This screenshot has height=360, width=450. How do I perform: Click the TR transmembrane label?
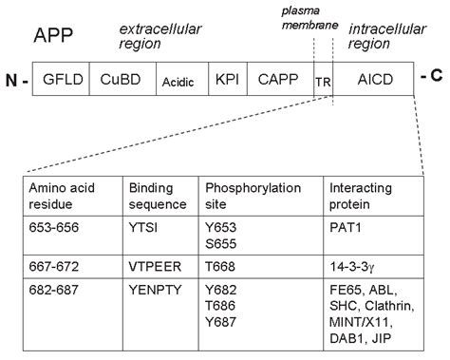click(322, 83)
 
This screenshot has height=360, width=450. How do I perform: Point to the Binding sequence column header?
click(152, 195)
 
